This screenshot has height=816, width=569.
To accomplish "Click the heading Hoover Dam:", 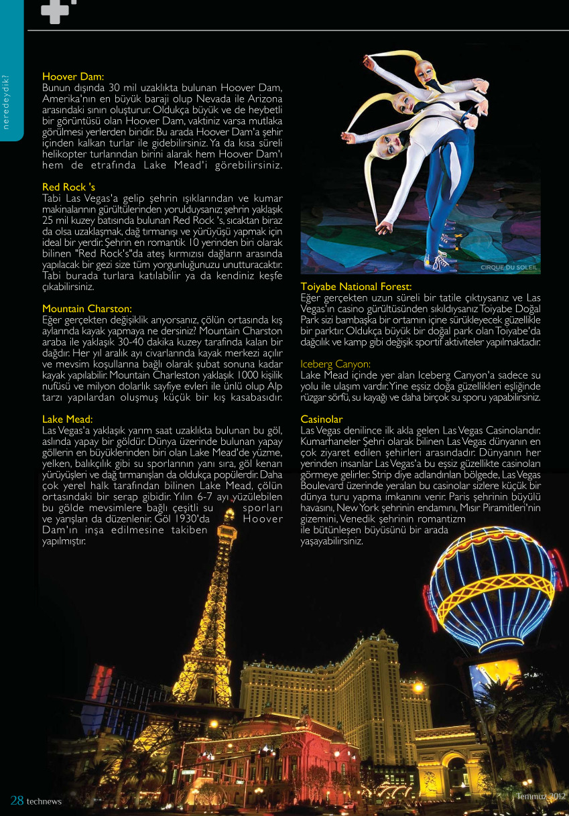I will [x=73, y=77].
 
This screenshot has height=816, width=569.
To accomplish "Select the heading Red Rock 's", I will [x=68, y=187].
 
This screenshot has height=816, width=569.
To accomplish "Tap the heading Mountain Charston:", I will [x=87, y=309].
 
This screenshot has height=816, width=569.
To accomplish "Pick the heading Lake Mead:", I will [x=67, y=419].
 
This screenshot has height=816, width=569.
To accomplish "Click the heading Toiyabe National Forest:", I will [x=356, y=287].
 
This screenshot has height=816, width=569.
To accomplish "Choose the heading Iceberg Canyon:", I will [x=335, y=364].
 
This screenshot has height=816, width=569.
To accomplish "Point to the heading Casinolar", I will [x=322, y=419].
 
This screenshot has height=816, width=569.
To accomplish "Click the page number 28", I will [x=17, y=801].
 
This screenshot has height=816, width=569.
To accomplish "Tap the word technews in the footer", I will [x=44, y=802].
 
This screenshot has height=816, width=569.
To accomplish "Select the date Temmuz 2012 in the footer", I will [x=541, y=796].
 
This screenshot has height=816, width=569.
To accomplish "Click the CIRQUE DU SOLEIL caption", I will [x=509, y=267].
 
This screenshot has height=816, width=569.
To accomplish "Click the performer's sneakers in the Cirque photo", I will [x=439, y=261].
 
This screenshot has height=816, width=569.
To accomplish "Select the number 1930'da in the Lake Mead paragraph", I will [x=192, y=519].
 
